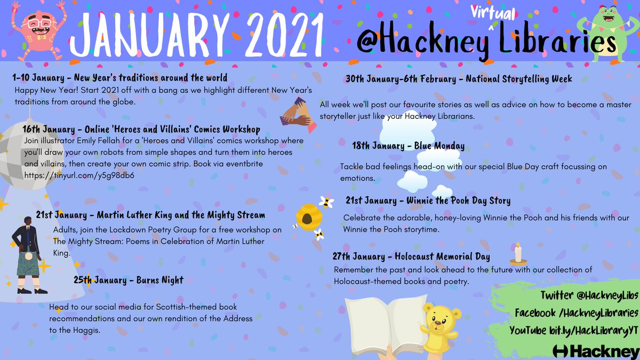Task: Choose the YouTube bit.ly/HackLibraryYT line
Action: click(x=573, y=330)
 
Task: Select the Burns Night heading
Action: click(x=128, y=280)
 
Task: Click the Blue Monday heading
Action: click(x=408, y=146)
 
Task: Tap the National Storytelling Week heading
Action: click(x=458, y=78)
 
